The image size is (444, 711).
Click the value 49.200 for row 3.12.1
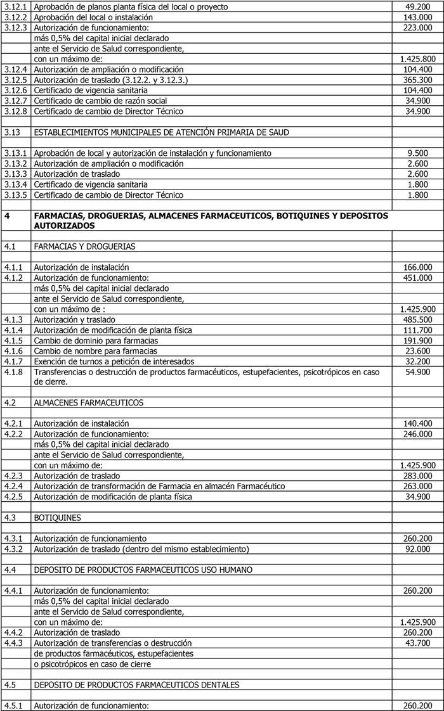tap(417, 6)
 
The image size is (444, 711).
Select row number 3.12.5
tap(16, 80)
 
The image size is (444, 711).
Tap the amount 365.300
tap(417, 80)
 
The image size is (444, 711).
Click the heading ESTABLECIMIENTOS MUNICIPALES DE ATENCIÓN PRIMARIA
tap(161, 132)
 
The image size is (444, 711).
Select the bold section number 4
tap(7, 215)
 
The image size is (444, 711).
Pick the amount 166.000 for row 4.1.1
tap(417, 267)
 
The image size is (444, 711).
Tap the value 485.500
tap(417, 319)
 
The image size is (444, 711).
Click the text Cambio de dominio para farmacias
tap(96, 340)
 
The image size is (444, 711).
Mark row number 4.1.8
tap(13, 372)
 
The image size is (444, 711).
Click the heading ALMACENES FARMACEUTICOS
tap(88, 402)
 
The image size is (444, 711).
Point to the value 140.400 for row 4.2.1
tap(417, 423)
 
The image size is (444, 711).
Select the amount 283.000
tap(417, 476)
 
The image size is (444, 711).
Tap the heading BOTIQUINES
tap(58, 517)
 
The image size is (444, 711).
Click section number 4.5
tap(10, 684)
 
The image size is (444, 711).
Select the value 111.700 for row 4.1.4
tap(417, 330)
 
